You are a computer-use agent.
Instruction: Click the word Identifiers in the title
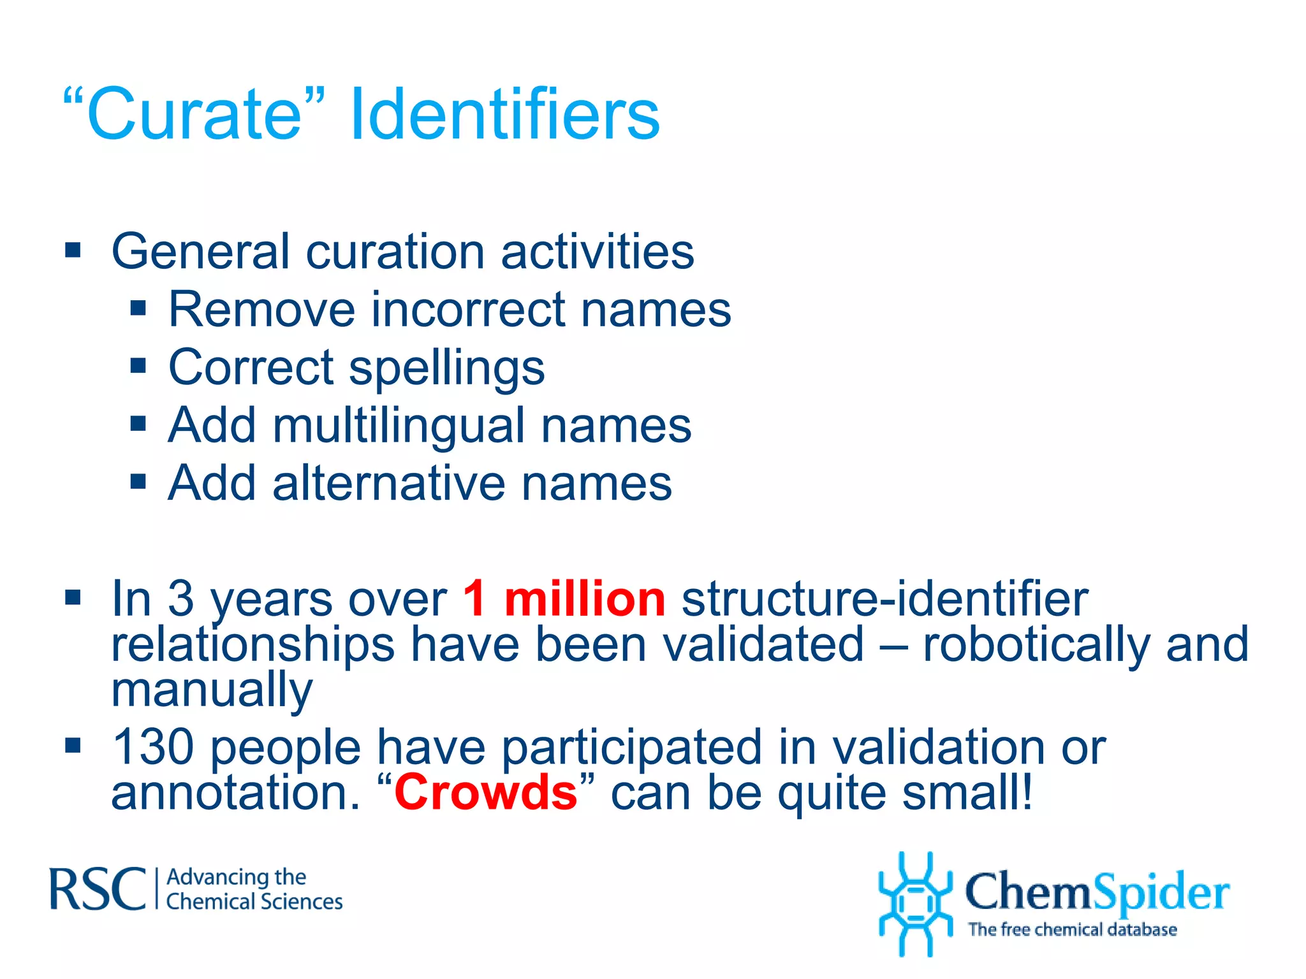pos(505,115)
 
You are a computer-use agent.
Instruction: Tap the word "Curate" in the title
pos(194,115)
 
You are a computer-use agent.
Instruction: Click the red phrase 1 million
pos(564,599)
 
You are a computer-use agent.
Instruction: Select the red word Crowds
pos(486,792)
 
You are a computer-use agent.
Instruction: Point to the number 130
pos(153,746)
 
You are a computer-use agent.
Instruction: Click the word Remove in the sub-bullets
pos(261,310)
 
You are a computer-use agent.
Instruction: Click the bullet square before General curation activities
pos(73,250)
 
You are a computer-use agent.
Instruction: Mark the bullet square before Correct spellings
pos(138,366)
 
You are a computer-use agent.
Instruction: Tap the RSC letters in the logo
pos(97,888)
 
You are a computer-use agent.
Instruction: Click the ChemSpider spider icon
pos(915,904)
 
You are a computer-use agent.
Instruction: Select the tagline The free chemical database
pos(1072,930)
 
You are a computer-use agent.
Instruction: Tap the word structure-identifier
pos(884,599)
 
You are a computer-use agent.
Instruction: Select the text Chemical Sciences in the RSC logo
pos(254,902)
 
